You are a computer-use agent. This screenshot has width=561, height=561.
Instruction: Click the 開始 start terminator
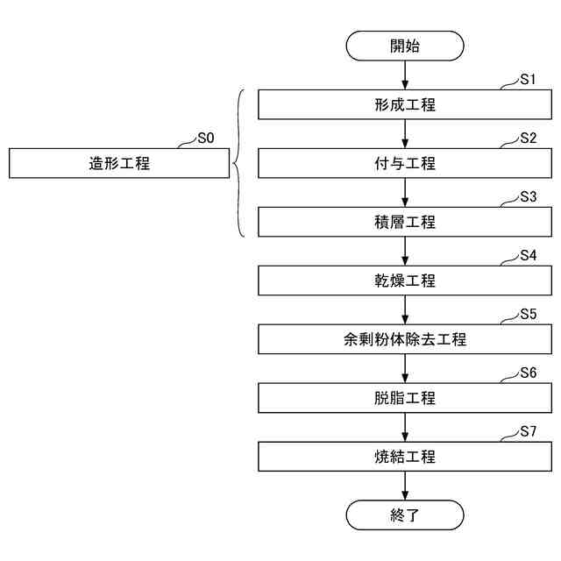404,46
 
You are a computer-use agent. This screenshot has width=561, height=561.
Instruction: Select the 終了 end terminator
404,515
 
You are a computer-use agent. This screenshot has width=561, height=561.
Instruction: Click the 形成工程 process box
404,105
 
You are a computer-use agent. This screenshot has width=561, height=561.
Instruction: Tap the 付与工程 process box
404,164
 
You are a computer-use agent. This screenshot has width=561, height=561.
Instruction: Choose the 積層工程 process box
404,223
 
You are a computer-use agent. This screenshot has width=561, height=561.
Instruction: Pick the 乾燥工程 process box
404,281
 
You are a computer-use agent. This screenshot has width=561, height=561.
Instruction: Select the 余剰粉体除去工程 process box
404,339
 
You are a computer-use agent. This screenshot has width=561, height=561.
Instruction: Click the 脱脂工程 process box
404,398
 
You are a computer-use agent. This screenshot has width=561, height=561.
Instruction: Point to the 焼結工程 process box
404,457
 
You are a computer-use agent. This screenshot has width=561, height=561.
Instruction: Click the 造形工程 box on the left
119,163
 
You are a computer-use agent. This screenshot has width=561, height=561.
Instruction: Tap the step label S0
205,138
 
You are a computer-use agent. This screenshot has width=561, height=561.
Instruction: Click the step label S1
527,80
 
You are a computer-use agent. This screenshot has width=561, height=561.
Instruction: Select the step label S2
527,138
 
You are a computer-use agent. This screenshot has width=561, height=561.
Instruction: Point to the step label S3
527,197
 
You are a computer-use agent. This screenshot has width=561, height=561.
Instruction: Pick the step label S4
527,256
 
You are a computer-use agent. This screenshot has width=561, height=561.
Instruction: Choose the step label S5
527,314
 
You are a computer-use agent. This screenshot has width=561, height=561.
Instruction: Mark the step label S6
527,373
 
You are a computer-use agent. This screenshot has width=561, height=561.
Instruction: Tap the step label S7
527,431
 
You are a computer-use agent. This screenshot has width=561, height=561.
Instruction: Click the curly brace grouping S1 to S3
239,163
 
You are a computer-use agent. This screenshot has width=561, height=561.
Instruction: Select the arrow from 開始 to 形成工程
404,75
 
